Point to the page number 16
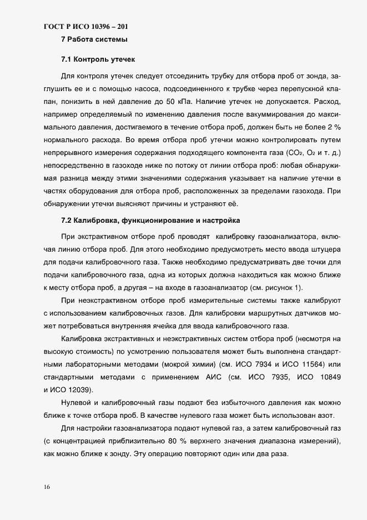(x=46, y=487)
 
